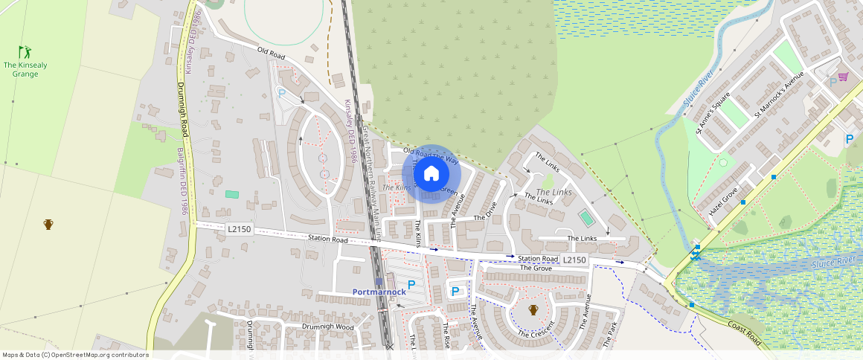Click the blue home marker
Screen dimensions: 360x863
click(x=431, y=174)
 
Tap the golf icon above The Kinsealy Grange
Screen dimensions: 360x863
click(x=25, y=52)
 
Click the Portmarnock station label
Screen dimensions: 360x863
click(x=379, y=292)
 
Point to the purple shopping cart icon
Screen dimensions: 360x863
click(x=843, y=77)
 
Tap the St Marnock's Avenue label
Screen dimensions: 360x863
click(x=779, y=94)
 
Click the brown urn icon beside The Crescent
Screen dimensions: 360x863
click(x=533, y=309)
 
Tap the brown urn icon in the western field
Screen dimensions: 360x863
click(x=48, y=224)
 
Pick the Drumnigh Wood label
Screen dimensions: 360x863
click(x=329, y=327)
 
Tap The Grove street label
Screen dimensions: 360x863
click(x=536, y=268)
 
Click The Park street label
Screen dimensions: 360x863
click(x=609, y=335)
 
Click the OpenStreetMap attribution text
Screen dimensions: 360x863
click(x=75, y=355)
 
